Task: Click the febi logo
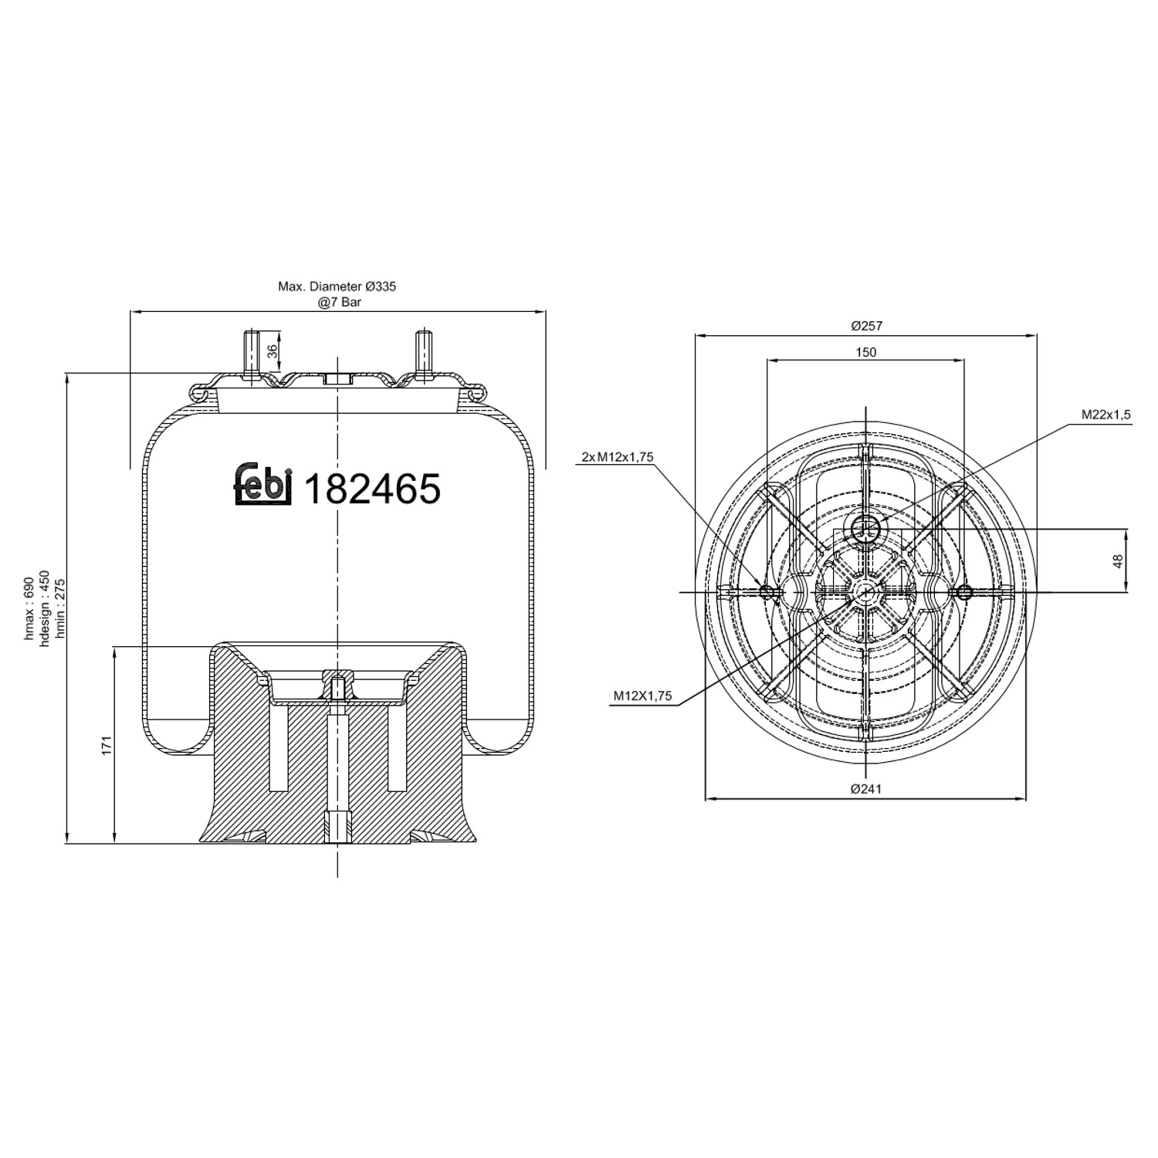pos(263,486)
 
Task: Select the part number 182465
pos(374,489)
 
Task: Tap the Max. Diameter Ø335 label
pos(337,286)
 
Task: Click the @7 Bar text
pos(339,302)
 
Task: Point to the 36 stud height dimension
pos(271,351)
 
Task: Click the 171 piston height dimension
pos(107,745)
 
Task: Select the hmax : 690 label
pos(29,608)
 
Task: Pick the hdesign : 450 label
pos(44,608)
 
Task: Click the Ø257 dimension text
pos(866,327)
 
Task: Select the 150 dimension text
pos(866,352)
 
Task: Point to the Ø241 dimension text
pos(866,788)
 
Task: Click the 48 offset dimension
pos(1117,561)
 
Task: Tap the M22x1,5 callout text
pos(1105,415)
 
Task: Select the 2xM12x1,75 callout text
pos(618,457)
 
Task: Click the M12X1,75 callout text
pos(642,696)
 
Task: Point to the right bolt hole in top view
pos(963,592)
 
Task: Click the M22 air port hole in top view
pos(865,529)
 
